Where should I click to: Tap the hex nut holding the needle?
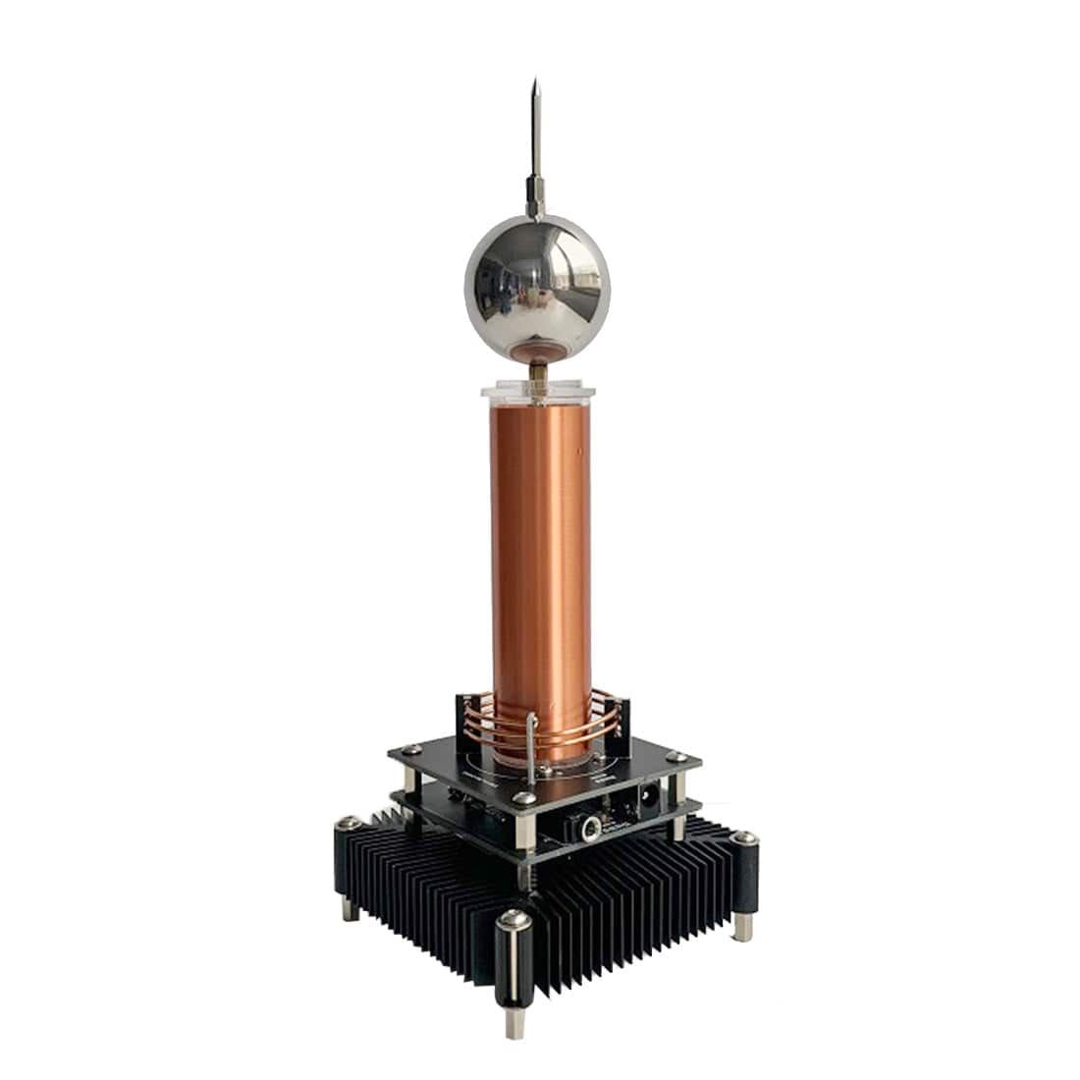click(536, 184)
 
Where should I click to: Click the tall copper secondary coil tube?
click(540, 569)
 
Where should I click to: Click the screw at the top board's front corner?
click(527, 800)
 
